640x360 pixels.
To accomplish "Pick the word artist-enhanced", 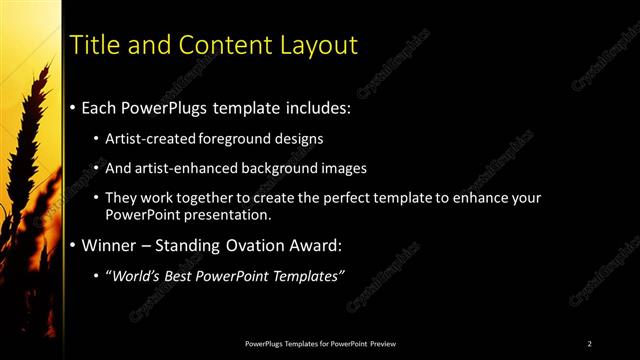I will tap(188, 168).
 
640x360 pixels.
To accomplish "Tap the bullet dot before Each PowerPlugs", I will tap(73, 106).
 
